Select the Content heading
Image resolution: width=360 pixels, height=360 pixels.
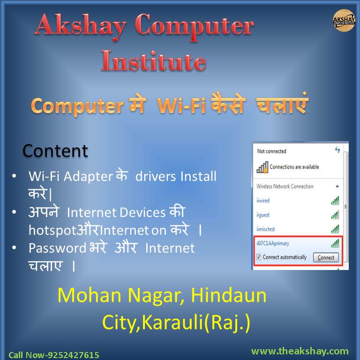[x=55, y=151]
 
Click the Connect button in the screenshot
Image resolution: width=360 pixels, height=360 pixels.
[x=326, y=257]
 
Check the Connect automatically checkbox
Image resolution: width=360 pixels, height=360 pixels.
[x=258, y=257]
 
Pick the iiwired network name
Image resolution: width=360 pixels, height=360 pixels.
[x=263, y=201]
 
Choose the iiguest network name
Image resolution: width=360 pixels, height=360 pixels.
[x=263, y=215]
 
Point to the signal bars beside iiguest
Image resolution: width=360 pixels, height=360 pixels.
[x=335, y=215]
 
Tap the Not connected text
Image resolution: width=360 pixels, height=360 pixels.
[x=272, y=151]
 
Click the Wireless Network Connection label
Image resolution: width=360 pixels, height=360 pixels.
[x=285, y=187]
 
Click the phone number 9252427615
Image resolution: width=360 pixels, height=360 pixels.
[x=72, y=355]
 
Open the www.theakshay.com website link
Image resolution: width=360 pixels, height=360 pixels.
[x=300, y=351]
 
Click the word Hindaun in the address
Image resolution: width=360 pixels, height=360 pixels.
[x=232, y=296]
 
